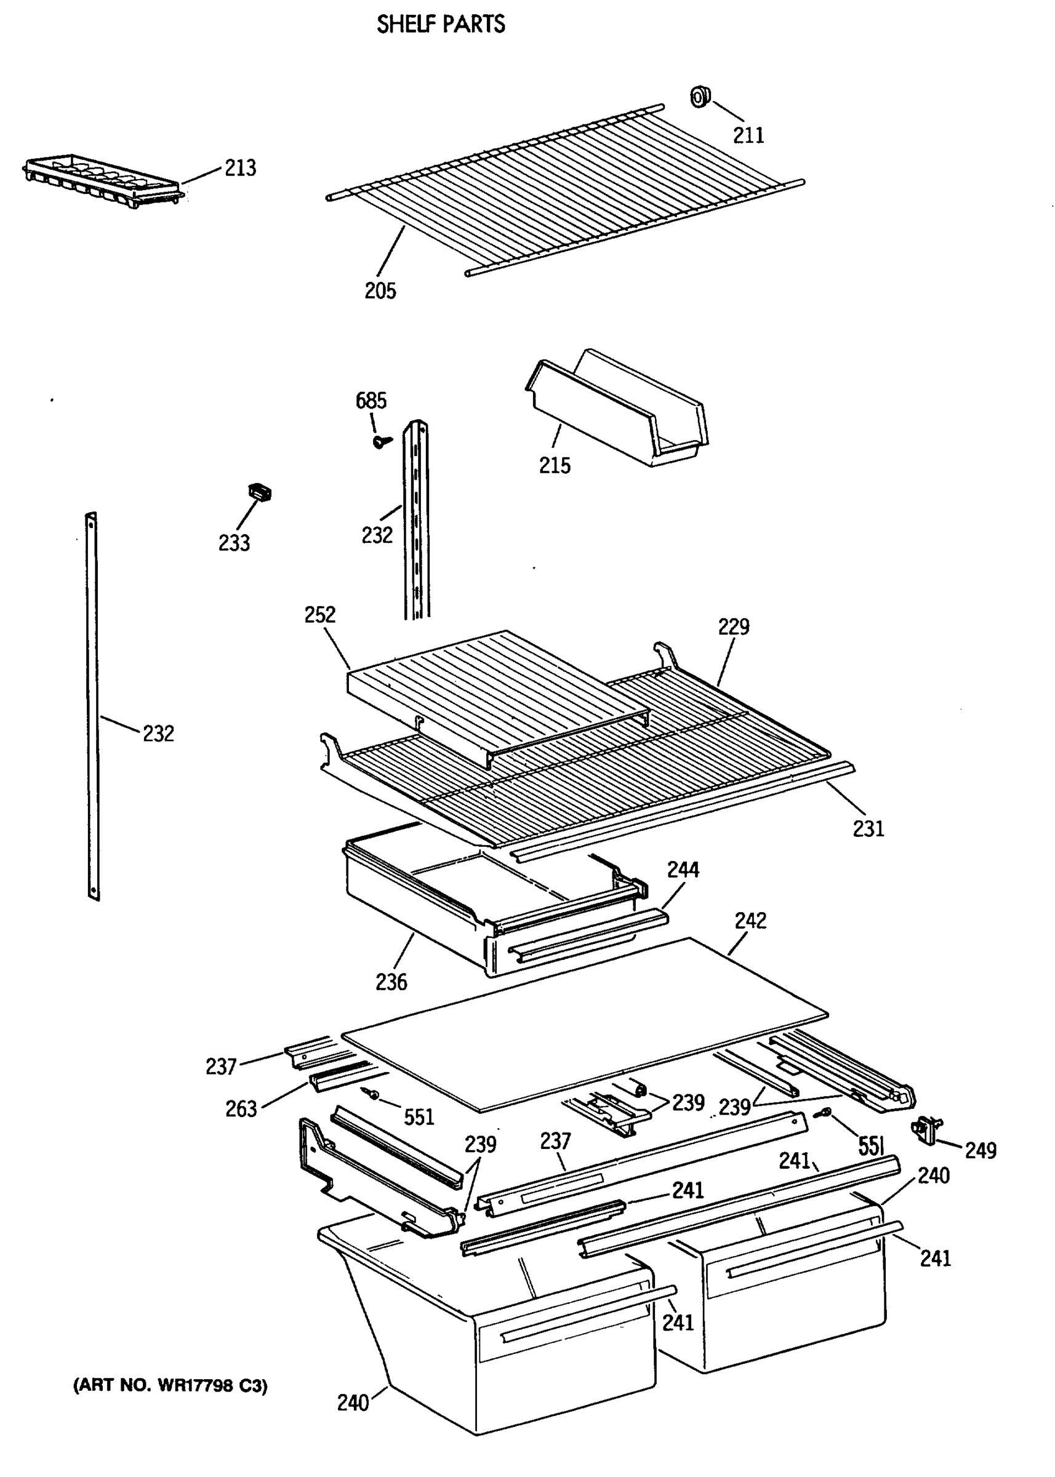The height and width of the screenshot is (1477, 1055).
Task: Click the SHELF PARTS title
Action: tap(441, 25)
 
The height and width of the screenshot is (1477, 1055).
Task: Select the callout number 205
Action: tap(380, 290)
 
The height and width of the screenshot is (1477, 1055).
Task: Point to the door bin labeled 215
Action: tap(617, 409)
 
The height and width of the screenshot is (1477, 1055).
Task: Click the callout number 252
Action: tap(319, 614)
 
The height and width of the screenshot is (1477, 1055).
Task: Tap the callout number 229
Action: tap(734, 626)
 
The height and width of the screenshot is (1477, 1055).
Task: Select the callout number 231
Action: tap(868, 829)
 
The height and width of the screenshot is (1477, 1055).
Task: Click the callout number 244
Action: tap(683, 870)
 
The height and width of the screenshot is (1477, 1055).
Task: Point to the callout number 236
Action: tap(391, 982)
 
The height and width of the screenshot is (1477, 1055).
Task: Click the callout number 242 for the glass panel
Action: tap(750, 921)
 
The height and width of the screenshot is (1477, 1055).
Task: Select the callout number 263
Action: tap(241, 1109)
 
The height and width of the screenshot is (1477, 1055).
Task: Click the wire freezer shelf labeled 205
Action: tap(565, 188)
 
